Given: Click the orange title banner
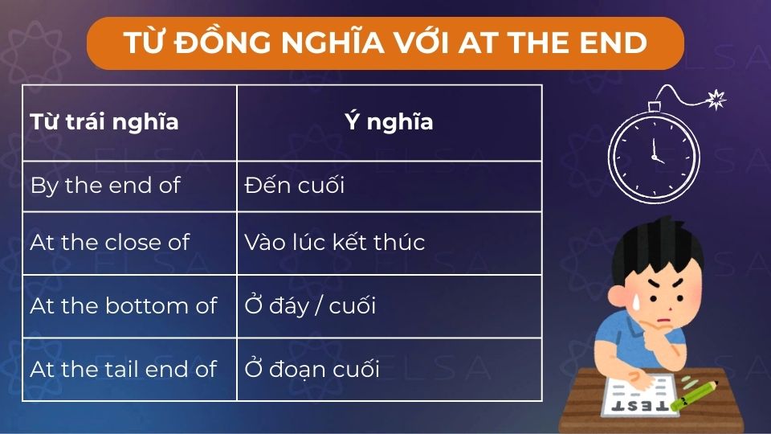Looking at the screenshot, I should point(385,43).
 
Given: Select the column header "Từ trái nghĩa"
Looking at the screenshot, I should point(104,122).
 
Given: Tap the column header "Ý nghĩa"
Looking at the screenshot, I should point(389,122).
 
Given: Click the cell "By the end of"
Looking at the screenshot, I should point(105,186).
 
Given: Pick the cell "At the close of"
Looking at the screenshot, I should point(109,242).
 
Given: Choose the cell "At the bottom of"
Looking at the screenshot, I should point(123,305).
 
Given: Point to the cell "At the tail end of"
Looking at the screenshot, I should point(123,369).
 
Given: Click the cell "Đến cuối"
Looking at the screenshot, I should point(294,186).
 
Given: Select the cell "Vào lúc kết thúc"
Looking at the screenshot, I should point(334,242).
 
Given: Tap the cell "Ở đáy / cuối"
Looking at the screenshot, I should point(310,305).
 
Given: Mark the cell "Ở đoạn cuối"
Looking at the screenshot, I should point(312,369).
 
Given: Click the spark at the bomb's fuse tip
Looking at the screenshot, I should point(716,100).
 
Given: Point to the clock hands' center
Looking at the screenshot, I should point(655,155).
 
